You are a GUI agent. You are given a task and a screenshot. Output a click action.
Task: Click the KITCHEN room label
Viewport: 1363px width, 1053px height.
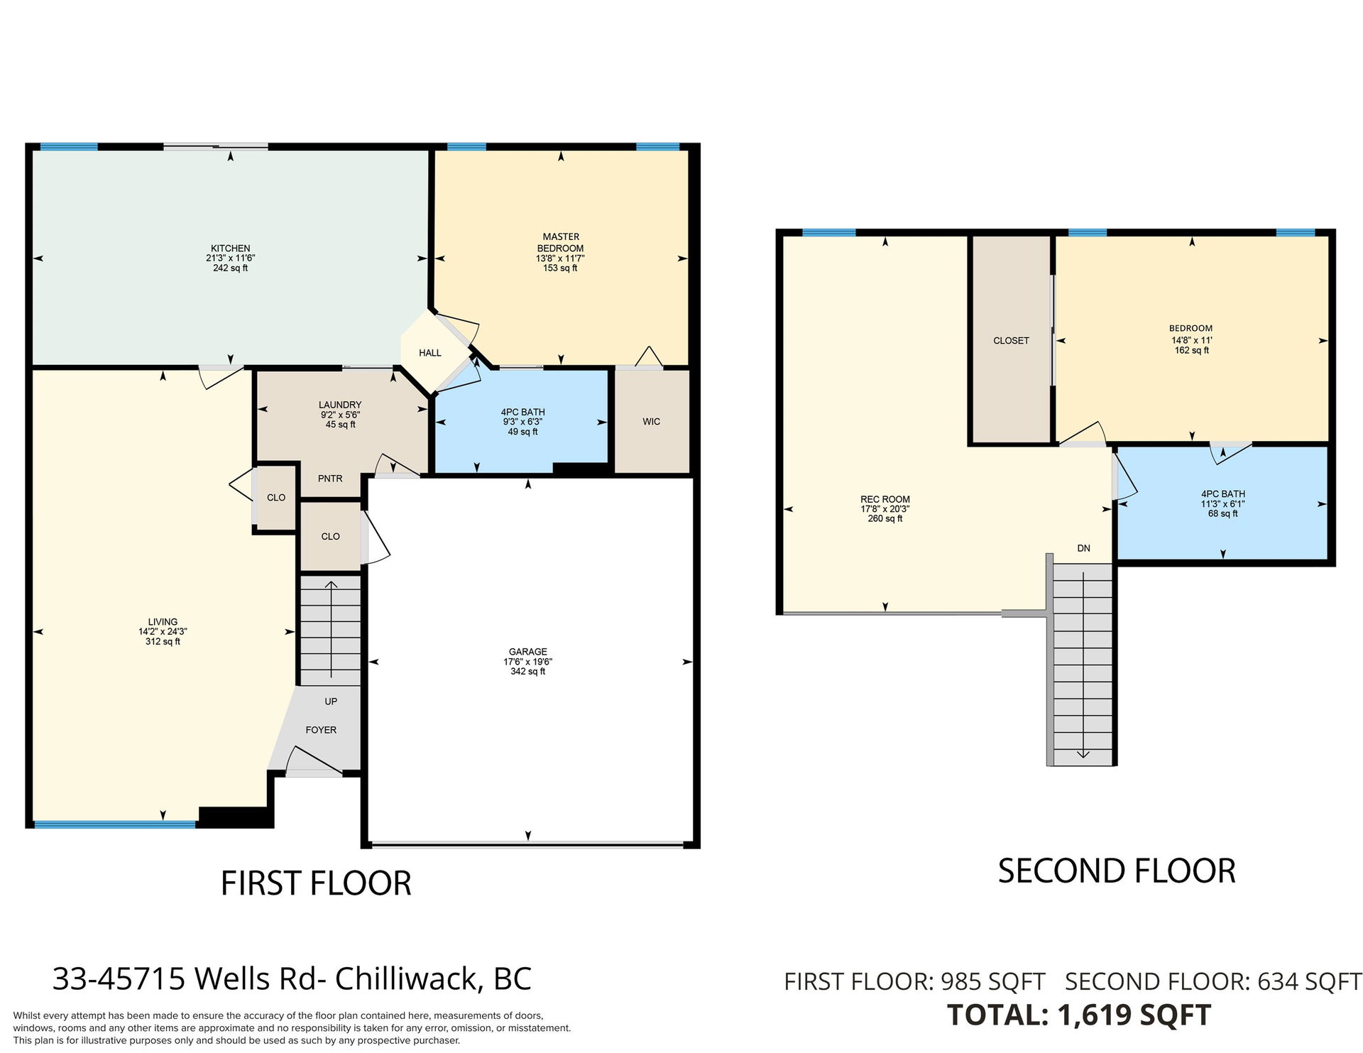[x=230, y=249]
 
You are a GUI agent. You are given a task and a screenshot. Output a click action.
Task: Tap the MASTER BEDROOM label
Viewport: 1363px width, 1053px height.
[x=561, y=242]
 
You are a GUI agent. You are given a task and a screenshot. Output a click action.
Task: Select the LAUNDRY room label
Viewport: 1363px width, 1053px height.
[x=340, y=405]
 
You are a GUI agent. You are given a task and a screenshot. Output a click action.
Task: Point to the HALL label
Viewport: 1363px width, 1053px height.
[x=430, y=353]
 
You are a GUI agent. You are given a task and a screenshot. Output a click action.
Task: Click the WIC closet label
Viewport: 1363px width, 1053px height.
[x=652, y=422]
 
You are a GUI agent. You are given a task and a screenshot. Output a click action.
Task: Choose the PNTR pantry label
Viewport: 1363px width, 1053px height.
[x=330, y=479]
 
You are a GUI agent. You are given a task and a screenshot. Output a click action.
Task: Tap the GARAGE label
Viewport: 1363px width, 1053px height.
[x=528, y=652]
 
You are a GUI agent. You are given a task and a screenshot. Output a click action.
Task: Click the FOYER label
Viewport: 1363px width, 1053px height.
[x=321, y=730]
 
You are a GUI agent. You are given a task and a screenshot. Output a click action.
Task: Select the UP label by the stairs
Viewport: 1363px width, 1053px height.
[x=331, y=702]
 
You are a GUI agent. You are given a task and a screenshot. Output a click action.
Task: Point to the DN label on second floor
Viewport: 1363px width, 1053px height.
[x=1083, y=548]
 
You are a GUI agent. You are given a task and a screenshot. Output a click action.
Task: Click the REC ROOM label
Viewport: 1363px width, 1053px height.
[x=885, y=499]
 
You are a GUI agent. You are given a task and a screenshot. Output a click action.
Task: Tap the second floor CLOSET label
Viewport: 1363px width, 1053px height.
[x=1011, y=341]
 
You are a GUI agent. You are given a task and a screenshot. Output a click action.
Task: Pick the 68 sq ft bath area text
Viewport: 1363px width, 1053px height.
[x=1223, y=513]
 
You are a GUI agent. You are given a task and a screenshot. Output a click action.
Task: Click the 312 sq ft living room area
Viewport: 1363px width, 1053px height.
[x=163, y=641]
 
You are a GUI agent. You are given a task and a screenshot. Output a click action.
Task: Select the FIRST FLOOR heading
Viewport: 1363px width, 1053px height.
[x=316, y=883]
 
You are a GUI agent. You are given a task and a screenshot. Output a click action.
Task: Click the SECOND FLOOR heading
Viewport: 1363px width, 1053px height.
[x=1117, y=871]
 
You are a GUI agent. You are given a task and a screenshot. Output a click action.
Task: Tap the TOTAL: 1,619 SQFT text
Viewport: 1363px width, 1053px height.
[x=1079, y=1015]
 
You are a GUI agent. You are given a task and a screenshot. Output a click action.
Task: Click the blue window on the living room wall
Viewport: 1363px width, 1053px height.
[x=115, y=824]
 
